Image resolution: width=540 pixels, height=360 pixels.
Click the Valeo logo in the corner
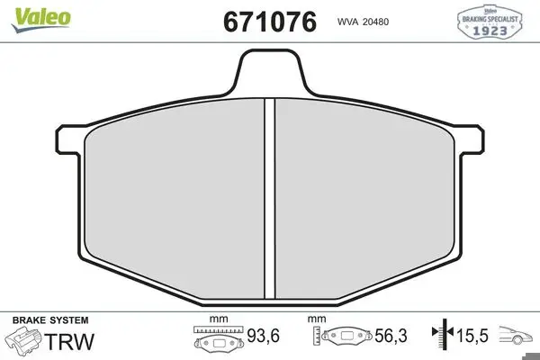[x=41, y=20]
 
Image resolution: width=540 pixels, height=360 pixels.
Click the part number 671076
[x=270, y=22]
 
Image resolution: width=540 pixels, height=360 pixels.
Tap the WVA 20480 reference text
[x=363, y=22]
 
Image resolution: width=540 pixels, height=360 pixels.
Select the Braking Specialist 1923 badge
[x=490, y=22]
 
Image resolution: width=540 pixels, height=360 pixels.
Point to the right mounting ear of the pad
[x=471, y=139]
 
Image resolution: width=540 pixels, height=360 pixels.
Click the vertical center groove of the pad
[x=270, y=199]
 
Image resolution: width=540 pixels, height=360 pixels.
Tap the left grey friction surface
[x=175, y=200]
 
